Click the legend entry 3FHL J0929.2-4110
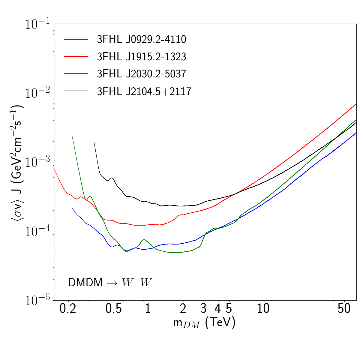142,40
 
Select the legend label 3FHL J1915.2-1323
142,57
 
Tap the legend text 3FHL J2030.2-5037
142,74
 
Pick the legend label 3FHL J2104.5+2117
144,91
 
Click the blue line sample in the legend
76,39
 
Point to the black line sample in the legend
76,91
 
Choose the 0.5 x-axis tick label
114,309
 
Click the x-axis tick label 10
263,309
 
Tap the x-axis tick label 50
344,309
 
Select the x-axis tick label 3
204,309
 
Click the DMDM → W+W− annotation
113,282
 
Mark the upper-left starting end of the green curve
72,135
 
